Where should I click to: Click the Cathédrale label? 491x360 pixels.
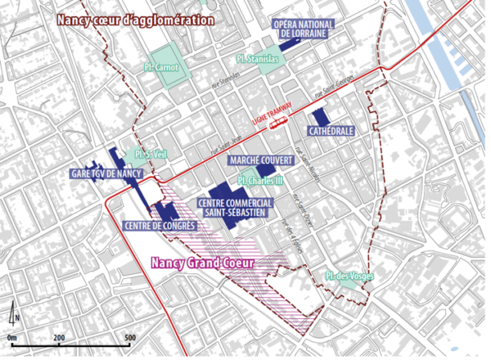(331, 131)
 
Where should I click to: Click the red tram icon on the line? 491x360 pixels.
(281, 123)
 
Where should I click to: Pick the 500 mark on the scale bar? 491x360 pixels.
(130, 337)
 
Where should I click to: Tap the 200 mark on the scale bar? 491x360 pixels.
(60, 337)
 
